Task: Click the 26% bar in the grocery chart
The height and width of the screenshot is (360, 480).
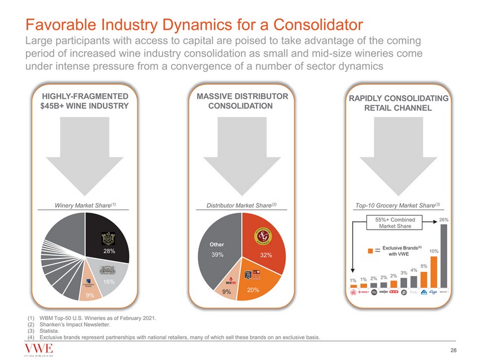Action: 443,256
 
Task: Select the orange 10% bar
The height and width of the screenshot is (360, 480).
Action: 433,272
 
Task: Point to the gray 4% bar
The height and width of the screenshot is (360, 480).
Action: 413,282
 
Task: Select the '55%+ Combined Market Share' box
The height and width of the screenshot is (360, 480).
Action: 395,222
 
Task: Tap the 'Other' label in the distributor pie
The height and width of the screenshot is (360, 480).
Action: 217,244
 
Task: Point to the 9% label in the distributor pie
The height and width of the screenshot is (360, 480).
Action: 226,292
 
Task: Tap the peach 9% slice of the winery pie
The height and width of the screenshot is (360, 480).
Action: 90,290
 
